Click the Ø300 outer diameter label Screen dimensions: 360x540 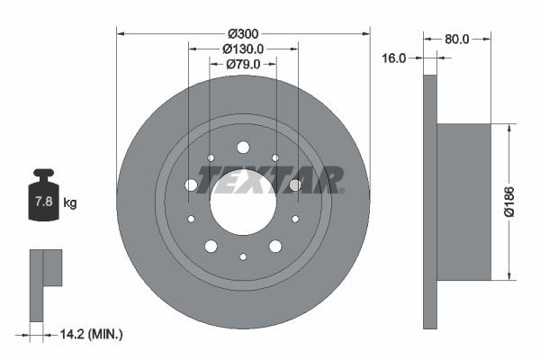click(243, 33)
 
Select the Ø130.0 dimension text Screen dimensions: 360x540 click(243, 49)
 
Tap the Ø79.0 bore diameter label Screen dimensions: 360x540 click(243, 64)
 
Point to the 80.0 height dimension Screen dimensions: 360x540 click(457, 39)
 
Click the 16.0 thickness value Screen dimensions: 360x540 click(395, 58)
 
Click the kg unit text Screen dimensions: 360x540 click(70, 203)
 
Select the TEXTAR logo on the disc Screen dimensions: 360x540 click(271, 180)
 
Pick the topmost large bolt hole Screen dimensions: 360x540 click(243, 148)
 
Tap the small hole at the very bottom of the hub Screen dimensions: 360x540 click(243, 256)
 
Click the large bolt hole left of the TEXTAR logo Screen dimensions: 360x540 click(191, 185)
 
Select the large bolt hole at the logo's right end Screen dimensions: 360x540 click(295, 185)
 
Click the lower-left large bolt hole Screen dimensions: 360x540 click(211, 246)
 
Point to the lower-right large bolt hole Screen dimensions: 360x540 click(275, 246)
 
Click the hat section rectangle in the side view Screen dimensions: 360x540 click(463, 202)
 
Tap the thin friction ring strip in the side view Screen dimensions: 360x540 click(429, 202)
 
